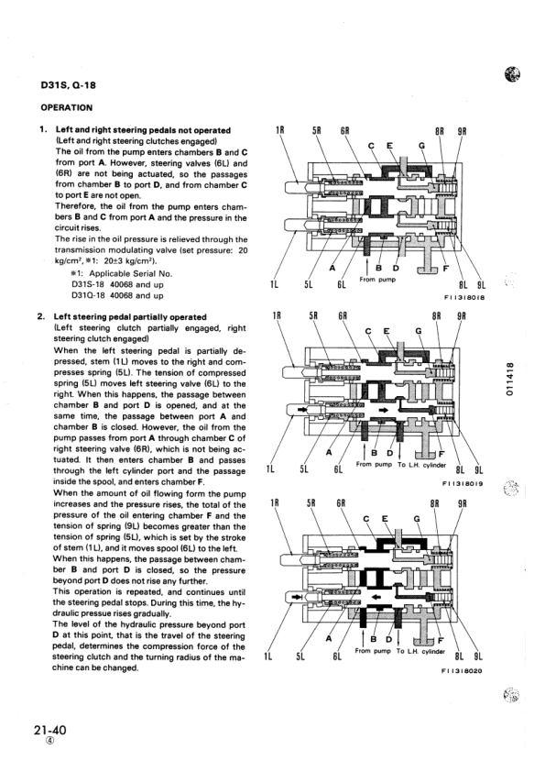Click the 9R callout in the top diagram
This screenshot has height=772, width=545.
pos(463,130)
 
